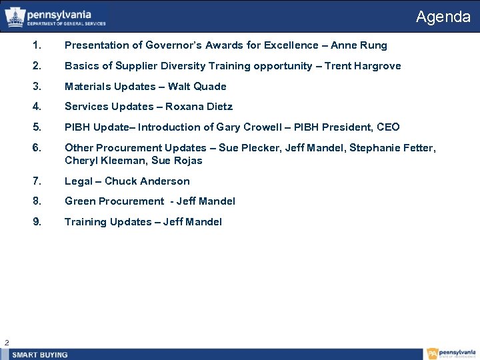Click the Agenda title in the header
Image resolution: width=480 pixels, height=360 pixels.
443,17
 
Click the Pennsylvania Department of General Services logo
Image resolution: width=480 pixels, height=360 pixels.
56,17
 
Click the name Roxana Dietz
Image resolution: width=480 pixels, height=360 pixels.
199,107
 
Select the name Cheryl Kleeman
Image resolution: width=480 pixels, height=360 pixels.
103,161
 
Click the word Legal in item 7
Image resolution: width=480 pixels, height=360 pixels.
78,181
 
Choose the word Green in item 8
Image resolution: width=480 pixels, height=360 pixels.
79,201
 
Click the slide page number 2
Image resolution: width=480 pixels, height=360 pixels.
6,343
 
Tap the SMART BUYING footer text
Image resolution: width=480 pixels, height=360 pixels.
40,355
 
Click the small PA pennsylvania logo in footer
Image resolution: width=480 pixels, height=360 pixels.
452,354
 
